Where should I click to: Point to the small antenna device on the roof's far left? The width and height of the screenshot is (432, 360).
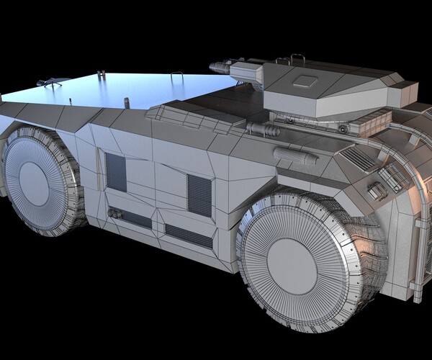(x=51, y=84)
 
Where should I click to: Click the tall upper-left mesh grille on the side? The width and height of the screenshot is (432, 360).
(x=115, y=171)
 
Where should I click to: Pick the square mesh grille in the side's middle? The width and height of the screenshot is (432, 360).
(x=199, y=196)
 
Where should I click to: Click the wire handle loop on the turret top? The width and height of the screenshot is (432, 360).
(x=297, y=56)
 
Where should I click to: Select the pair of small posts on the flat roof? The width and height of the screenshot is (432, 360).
(x=101, y=73)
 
